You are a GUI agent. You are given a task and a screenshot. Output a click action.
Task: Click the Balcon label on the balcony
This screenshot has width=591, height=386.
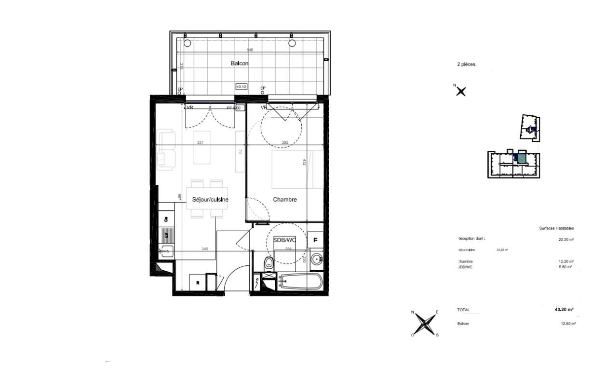(240, 64)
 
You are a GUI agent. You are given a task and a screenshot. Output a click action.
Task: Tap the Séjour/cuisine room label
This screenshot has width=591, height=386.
(210, 199)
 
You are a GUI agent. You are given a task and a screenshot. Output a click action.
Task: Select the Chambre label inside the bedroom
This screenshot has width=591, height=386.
(285, 199)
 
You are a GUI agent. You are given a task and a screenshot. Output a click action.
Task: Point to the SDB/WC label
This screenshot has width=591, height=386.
(284, 240)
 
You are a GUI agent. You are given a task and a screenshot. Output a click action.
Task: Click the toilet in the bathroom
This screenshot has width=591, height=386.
(269, 263)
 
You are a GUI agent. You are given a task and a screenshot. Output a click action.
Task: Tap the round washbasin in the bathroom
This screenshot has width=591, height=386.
(317, 259)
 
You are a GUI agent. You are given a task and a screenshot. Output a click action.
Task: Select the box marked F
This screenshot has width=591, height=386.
(316, 240)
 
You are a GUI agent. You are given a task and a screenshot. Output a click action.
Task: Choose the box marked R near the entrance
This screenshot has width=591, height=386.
(198, 283)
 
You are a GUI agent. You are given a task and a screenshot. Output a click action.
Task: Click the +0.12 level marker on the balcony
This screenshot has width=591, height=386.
(241, 87)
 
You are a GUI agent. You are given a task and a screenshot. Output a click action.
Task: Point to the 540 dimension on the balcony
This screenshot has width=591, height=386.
(250, 50)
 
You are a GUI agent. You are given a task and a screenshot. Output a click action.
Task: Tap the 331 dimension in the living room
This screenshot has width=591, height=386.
(200, 143)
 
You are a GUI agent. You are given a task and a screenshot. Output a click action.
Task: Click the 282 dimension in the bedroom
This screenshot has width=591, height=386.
(285, 143)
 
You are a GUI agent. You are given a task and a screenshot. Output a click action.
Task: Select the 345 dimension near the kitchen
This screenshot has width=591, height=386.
(205, 249)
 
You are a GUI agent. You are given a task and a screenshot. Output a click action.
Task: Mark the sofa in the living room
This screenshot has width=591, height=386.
(166, 150)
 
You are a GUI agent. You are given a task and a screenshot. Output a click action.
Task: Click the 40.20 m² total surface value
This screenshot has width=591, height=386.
(564, 310)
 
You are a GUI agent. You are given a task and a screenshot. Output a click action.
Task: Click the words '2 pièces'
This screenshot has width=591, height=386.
(466, 64)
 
